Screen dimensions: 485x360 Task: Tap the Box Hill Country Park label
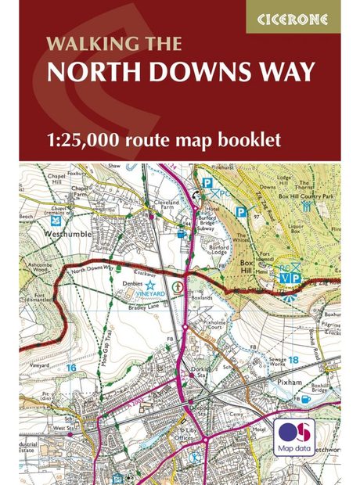pos(315,193)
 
